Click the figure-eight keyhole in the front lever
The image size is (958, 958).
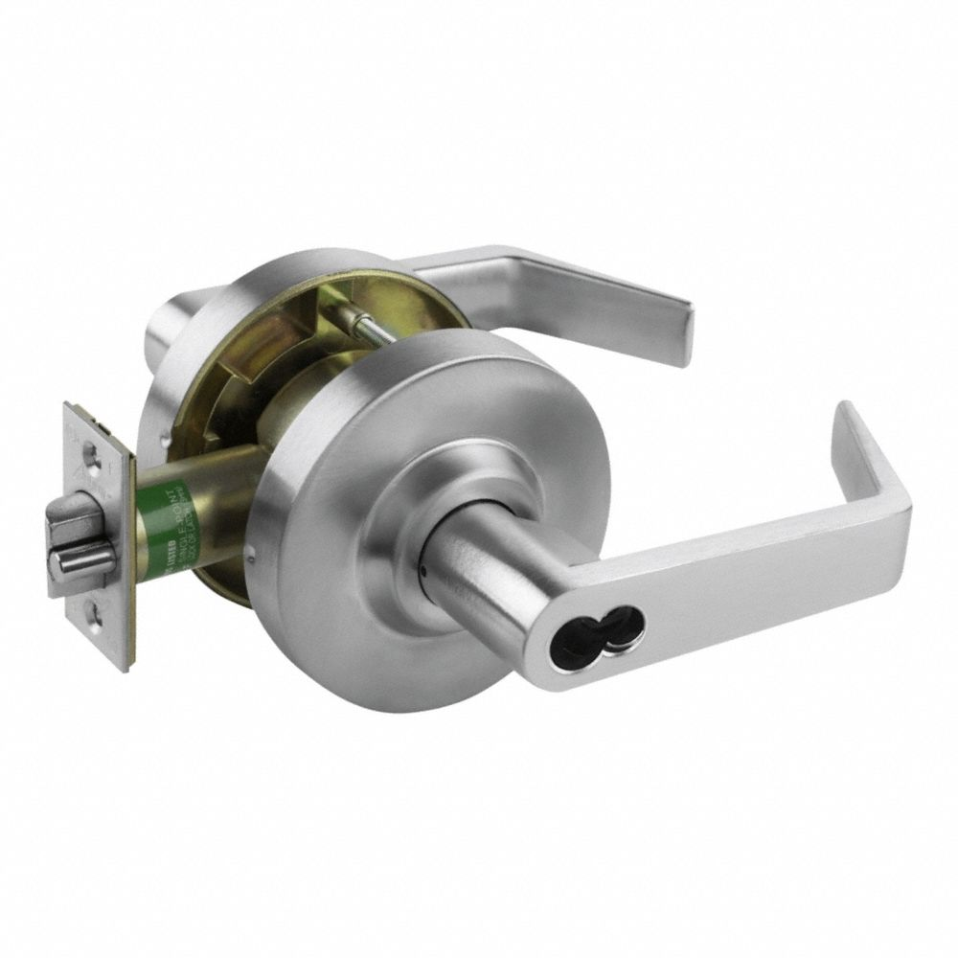[x=615, y=628]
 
